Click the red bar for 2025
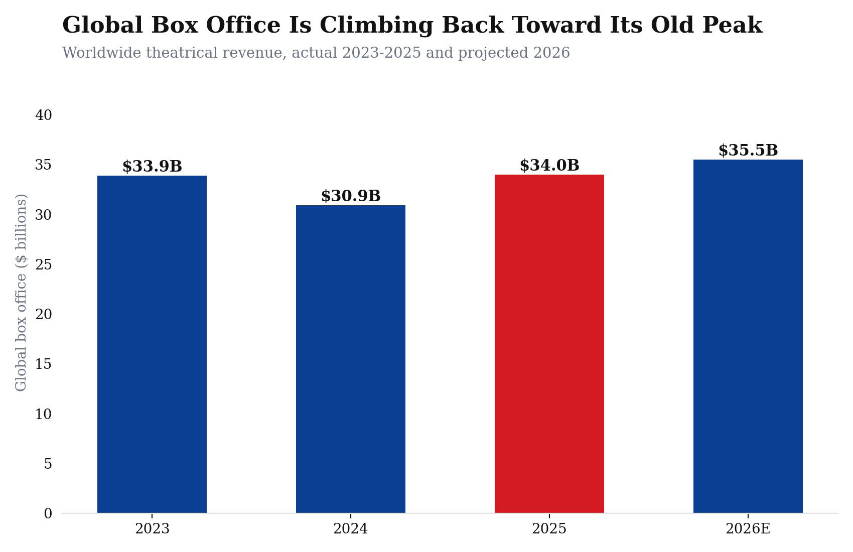[549, 344]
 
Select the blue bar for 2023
[152, 344]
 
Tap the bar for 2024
[351, 359]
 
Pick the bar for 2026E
[748, 336]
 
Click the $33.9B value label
[153, 167]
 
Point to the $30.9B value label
[351, 196]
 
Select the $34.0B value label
[549, 165]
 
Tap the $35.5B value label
[748, 151]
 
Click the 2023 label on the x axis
[153, 529]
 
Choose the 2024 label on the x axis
[351, 529]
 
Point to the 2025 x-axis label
[549, 529]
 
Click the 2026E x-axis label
[748, 529]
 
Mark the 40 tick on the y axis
[44, 115]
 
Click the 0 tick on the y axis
[48, 513]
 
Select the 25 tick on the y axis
[44, 265]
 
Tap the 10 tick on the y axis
[44, 414]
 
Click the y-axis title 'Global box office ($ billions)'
[21, 293]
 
